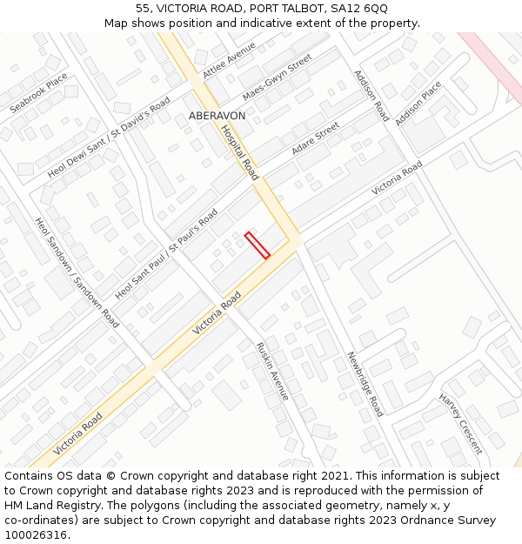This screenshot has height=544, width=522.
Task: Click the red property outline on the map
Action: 257,245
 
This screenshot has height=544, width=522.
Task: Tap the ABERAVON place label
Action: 217,116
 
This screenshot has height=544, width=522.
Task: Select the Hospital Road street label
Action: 239,151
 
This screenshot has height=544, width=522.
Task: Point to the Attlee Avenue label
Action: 229,60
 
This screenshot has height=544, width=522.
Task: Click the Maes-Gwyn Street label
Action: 277,77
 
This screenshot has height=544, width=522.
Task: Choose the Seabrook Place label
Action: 38,93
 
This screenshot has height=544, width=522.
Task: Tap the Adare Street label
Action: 315,139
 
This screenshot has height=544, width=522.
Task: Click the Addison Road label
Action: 371,95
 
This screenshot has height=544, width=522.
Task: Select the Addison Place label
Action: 418,104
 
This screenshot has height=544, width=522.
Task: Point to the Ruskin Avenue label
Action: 271,371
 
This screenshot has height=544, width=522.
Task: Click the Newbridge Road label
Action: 365,384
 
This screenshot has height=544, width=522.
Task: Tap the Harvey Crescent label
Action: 460,424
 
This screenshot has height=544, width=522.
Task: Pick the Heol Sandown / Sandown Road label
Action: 77,272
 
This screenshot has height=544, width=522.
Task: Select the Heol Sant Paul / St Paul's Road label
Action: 166,253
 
